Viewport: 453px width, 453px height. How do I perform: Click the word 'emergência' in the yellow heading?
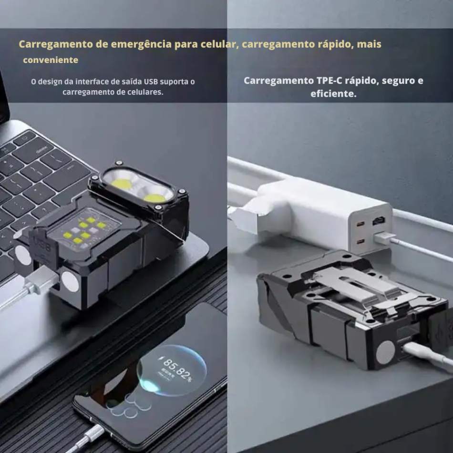(141, 44)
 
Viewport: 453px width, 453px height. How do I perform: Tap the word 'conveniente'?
(51, 60)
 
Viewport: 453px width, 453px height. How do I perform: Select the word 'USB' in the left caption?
(151, 82)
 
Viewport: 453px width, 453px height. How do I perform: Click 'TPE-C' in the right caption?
(328, 81)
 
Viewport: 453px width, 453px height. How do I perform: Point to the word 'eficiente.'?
(333, 93)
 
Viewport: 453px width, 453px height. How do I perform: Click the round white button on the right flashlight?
(385, 352)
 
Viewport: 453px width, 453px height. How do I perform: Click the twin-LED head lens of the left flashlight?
(139, 186)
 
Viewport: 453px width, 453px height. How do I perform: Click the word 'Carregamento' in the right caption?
(278, 81)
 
